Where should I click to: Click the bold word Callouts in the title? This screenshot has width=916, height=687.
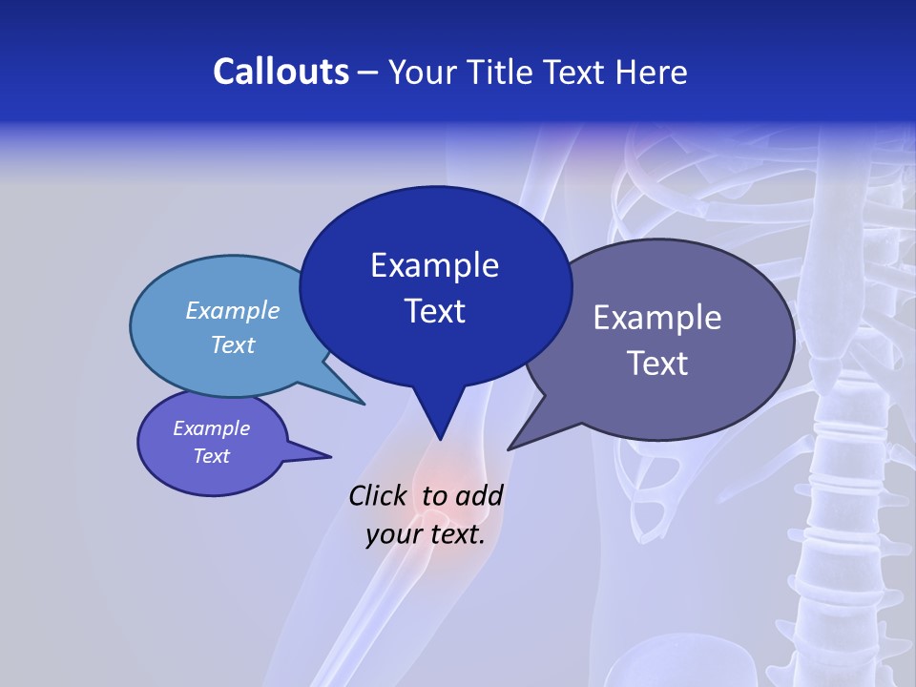click(x=281, y=72)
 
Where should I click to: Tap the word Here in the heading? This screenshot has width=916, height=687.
click(x=653, y=72)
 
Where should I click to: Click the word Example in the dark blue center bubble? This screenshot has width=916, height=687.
click(x=434, y=265)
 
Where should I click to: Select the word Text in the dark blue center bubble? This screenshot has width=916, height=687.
click(x=434, y=311)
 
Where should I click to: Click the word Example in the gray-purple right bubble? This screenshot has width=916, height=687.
click(x=657, y=318)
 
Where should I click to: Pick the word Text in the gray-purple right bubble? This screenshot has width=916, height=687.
click(x=657, y=364)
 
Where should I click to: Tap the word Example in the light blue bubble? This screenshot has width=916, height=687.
click(x=233, y=311)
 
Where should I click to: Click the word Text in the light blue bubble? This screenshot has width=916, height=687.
click(x=233, y=344)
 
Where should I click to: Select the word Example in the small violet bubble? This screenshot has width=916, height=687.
click(x=212, y=428)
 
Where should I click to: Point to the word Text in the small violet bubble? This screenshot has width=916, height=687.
click(x=212, y=456)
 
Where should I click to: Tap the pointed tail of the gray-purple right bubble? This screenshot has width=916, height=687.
click(x=515, y=445)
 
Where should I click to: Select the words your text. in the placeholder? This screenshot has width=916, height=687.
click(x=426, y=534)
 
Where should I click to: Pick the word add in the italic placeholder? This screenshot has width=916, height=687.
click(x=479, y=496)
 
